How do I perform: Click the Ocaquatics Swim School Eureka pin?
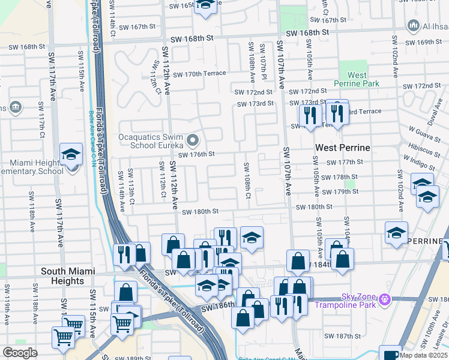click(x=193, y=141)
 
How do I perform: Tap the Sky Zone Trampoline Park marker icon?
click(x=386, y=299)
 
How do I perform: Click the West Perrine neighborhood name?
click(x=343, y=147)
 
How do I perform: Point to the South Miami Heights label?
click(x=68, y=276)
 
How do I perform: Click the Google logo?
click(x=20, y=353)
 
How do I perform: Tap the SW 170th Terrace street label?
click(x=199, y=74)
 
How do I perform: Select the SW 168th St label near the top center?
click(x=192, y=38)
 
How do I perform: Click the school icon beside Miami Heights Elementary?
click(x=71, y=155)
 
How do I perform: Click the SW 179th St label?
click(x=340, y=191)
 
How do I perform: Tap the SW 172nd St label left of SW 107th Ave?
click(x=253, y=92)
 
